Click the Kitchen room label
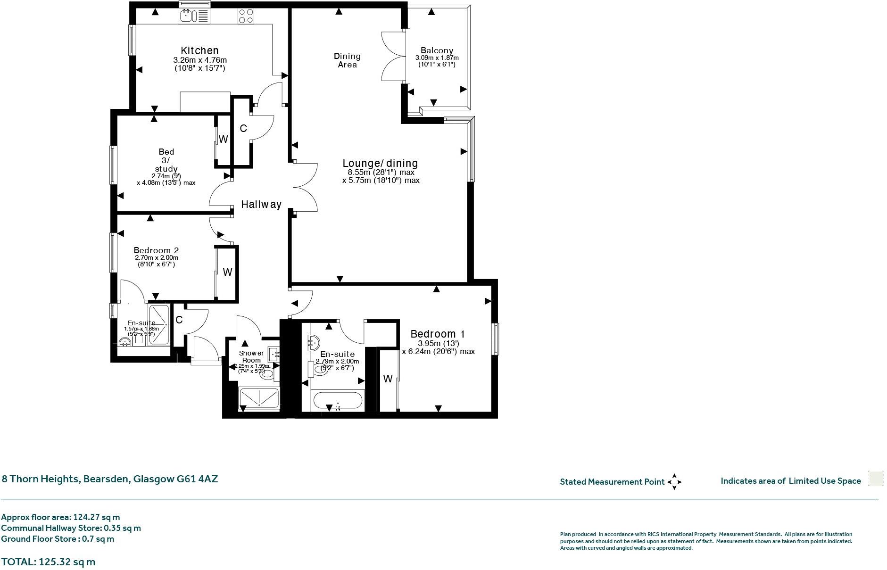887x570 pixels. (x=199, y=50)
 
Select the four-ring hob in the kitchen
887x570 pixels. (x=245, y=16)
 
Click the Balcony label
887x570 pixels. (x=437, y=50)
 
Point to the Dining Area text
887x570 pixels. (x=347, y=60)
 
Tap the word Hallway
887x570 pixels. (x=261, y=204)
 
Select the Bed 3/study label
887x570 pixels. (x=166, y=160)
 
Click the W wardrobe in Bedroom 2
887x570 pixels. (x=227, y=272)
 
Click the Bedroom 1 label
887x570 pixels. (x=438, y=334)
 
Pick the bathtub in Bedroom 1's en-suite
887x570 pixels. (x=338, y=402)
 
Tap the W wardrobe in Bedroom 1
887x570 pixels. (x=388, y=379)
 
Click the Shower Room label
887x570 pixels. (x=251, y=356)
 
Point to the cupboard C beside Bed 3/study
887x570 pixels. (x=243, y=128)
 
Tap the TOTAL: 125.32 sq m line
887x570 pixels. (x=48, y=562)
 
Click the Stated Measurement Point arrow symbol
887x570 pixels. (x=674, y=482)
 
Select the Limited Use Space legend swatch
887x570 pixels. (x=876, y=479)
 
